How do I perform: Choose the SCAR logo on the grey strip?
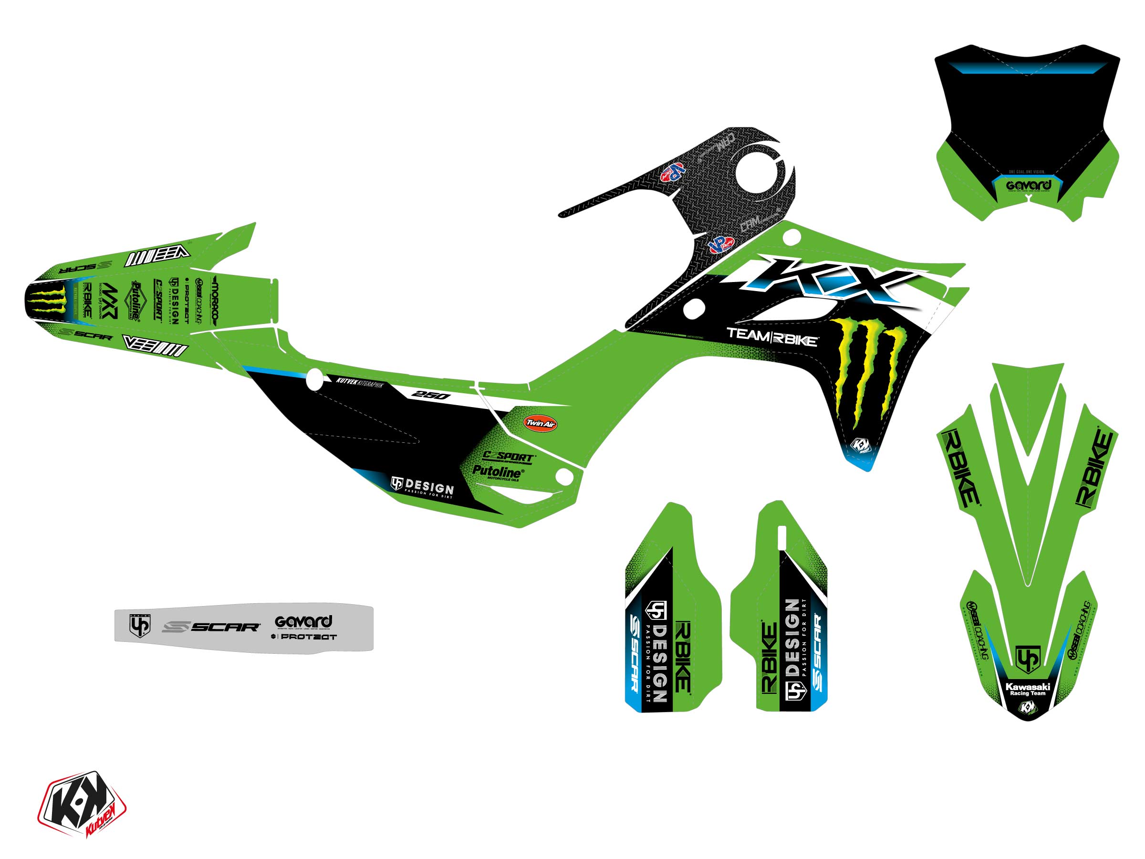click(x=211, y=627)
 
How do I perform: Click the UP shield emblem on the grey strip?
click(x=139, y=625)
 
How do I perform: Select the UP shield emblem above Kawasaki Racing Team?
click(x=1028, y=659)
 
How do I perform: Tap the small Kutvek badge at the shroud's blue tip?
click(x=861, y=445)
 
